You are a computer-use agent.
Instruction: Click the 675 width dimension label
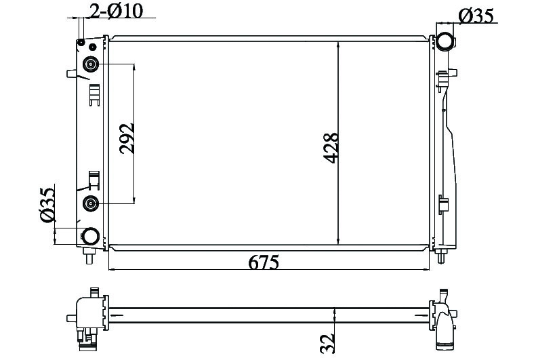[263, 262]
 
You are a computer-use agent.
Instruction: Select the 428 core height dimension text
[331, 148]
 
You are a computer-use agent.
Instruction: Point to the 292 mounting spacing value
[127, 138]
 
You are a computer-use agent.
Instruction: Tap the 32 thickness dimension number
[327, 343]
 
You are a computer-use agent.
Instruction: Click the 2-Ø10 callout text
[116, 11]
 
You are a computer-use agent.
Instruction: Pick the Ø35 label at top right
[476, 16]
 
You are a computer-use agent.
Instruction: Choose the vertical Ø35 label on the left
[47, 205]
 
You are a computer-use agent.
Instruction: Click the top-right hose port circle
[445, 41]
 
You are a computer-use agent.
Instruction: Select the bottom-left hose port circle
[91, 236]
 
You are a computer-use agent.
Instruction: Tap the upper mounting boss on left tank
[91, 64]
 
